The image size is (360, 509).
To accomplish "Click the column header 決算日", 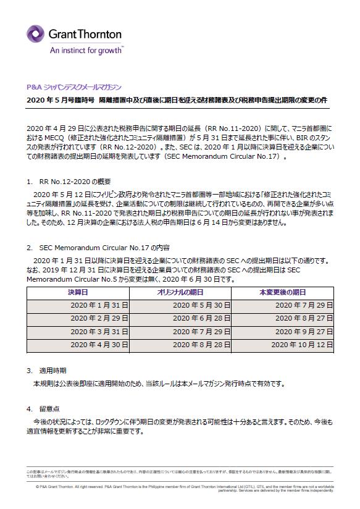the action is pyautogui.click(x=77, y=292).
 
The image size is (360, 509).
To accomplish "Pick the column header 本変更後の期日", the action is pyautogui.click(x=282, y=292).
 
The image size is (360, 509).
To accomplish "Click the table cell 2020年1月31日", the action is pyautogui.click(x=99, y=305).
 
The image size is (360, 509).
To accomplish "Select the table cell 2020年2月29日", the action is pyautogui.click(x=99, y=318).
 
